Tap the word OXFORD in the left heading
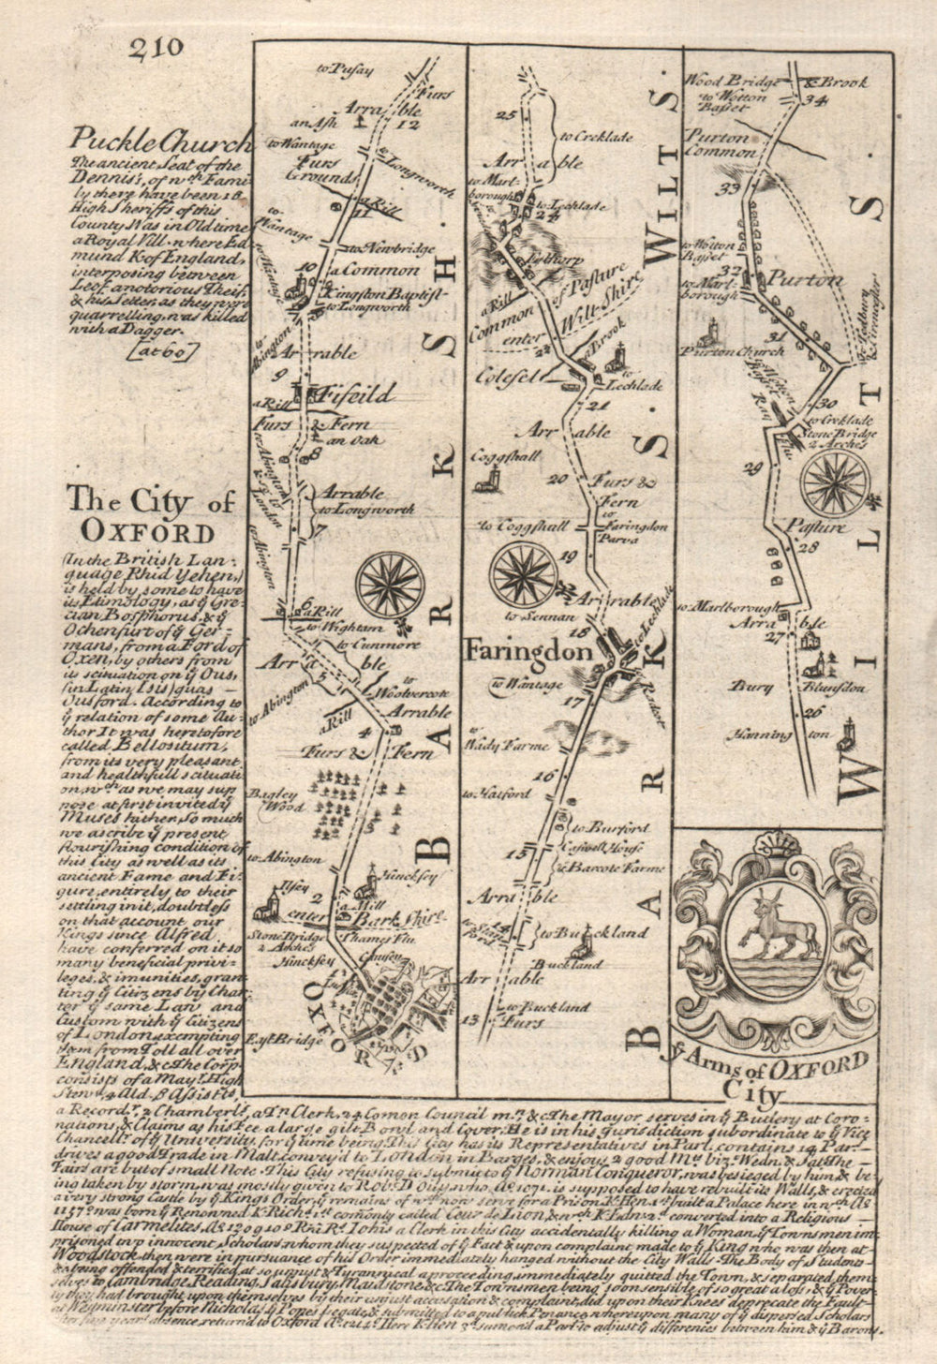click(x=147, y=531)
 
